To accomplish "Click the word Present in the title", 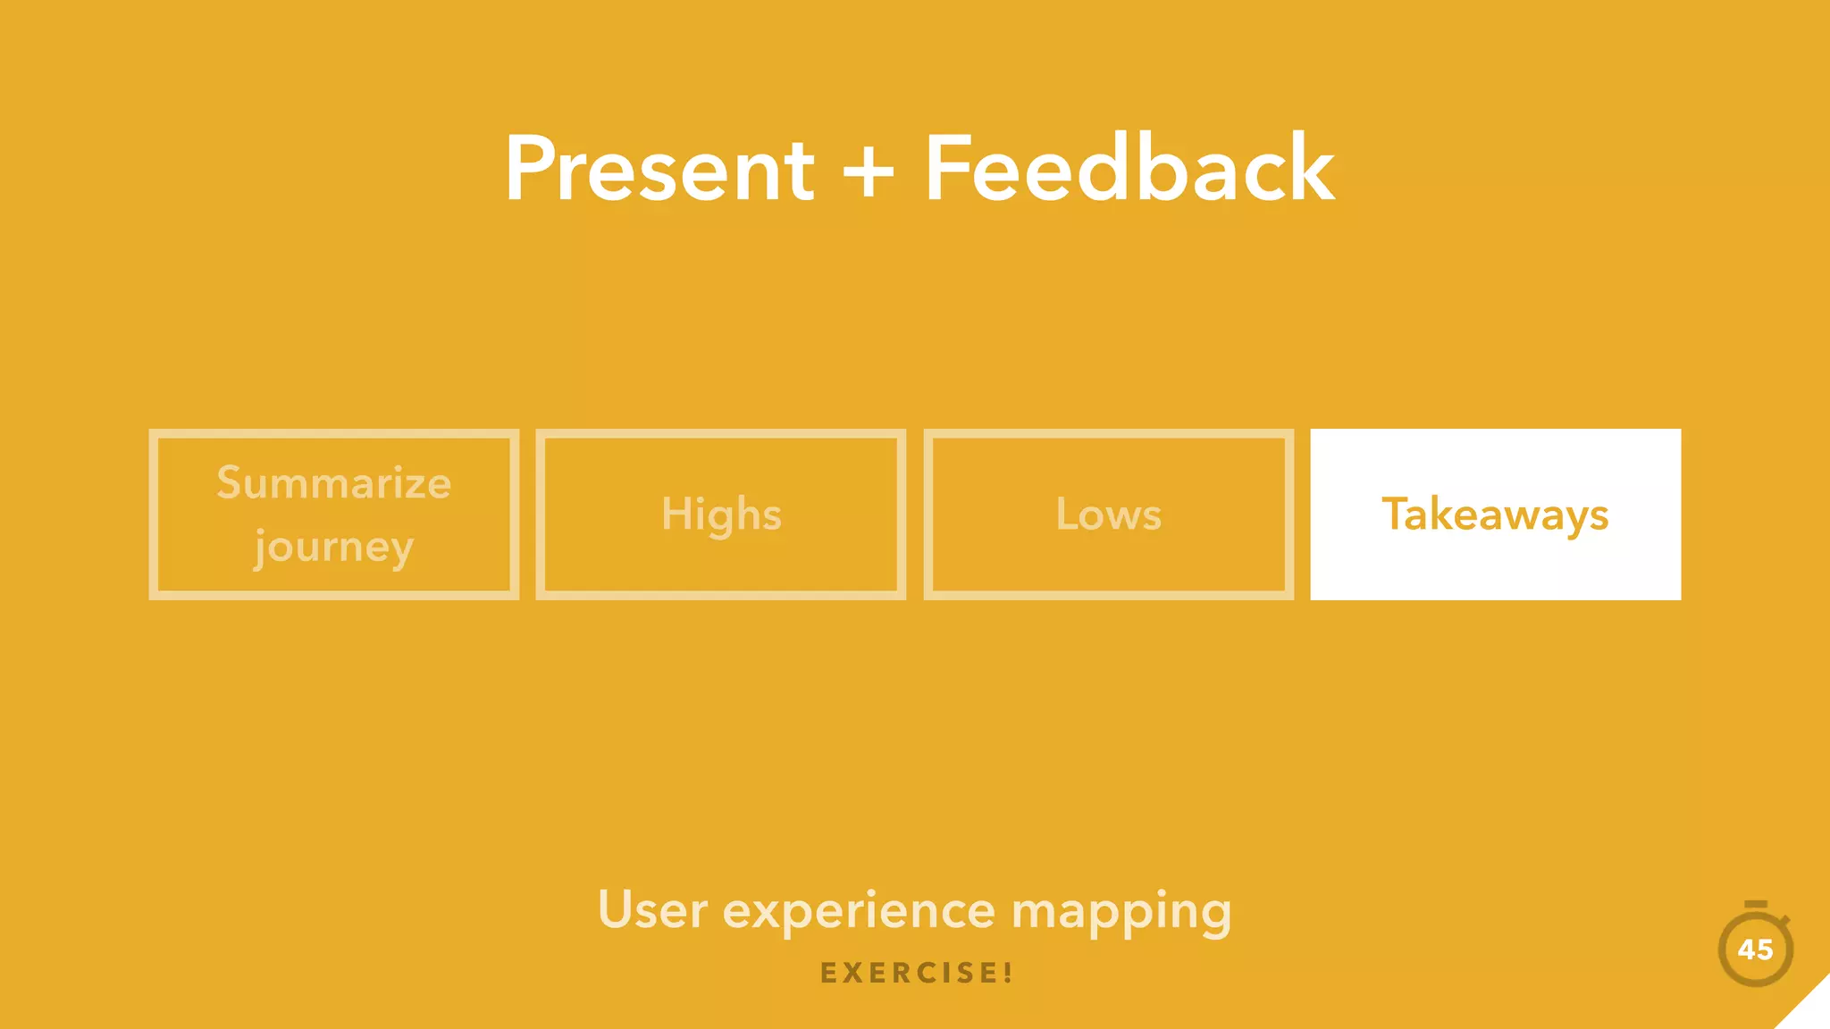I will [x=659, y=170].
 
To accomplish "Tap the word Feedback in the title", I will [x=1129, y=170].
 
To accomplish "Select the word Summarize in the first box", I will [x=333, y=483].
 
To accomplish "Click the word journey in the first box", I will [x=333, y=547].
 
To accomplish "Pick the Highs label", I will [x=721, y=515].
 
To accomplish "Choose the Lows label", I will [x=1108, y=515].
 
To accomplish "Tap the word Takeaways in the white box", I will [x=1495, y=515].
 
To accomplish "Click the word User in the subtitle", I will [x=652, y=911].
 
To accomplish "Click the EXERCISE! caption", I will [x=916, y=973].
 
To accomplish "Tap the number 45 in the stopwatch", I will [x=1755, y=950].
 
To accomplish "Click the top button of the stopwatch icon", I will [x=1755, y=905].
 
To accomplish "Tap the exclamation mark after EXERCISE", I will [x=1007, y=973].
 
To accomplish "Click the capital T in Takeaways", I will [x=1396, y=514].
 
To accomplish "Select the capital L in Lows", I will [x=1067, y=514].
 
